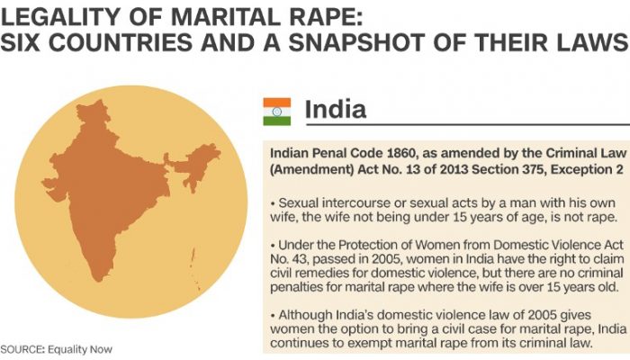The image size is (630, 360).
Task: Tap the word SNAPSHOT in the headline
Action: (x=356, y=42)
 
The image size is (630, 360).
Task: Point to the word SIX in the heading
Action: (x=20, y=42)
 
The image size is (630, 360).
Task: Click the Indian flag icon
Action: (x=277, y=112)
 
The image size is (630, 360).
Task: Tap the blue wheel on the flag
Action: (x=277, y=112)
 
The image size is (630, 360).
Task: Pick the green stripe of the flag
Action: (x=277, y=121)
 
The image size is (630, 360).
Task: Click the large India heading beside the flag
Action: (x=336, y=109)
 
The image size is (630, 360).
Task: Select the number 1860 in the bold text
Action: (x=402, y=154)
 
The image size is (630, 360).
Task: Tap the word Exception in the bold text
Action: (x=582, y=170)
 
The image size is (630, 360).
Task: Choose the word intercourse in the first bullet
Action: (x=356, y=202)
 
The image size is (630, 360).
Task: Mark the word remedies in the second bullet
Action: (x=320, y=273)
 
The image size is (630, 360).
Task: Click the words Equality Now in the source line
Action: (x=80, y=349)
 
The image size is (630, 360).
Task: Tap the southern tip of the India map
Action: (x=97, y=280)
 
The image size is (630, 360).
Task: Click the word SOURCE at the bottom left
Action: (x=22, y=349)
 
